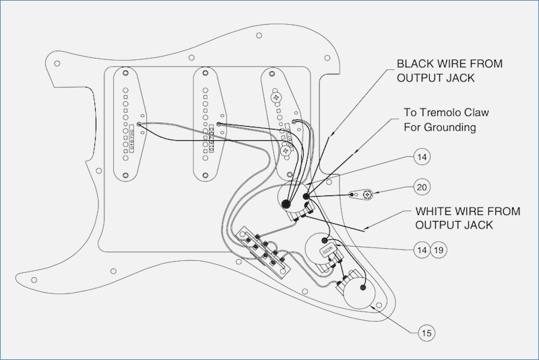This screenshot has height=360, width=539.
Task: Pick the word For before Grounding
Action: tap(413, 127)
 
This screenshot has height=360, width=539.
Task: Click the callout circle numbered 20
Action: tap(422, 187)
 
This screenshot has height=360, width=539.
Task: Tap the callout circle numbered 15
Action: tap(426, 332)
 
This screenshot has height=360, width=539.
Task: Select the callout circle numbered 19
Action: tap(439, 249)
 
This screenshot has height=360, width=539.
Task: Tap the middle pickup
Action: tap(210, 125)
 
